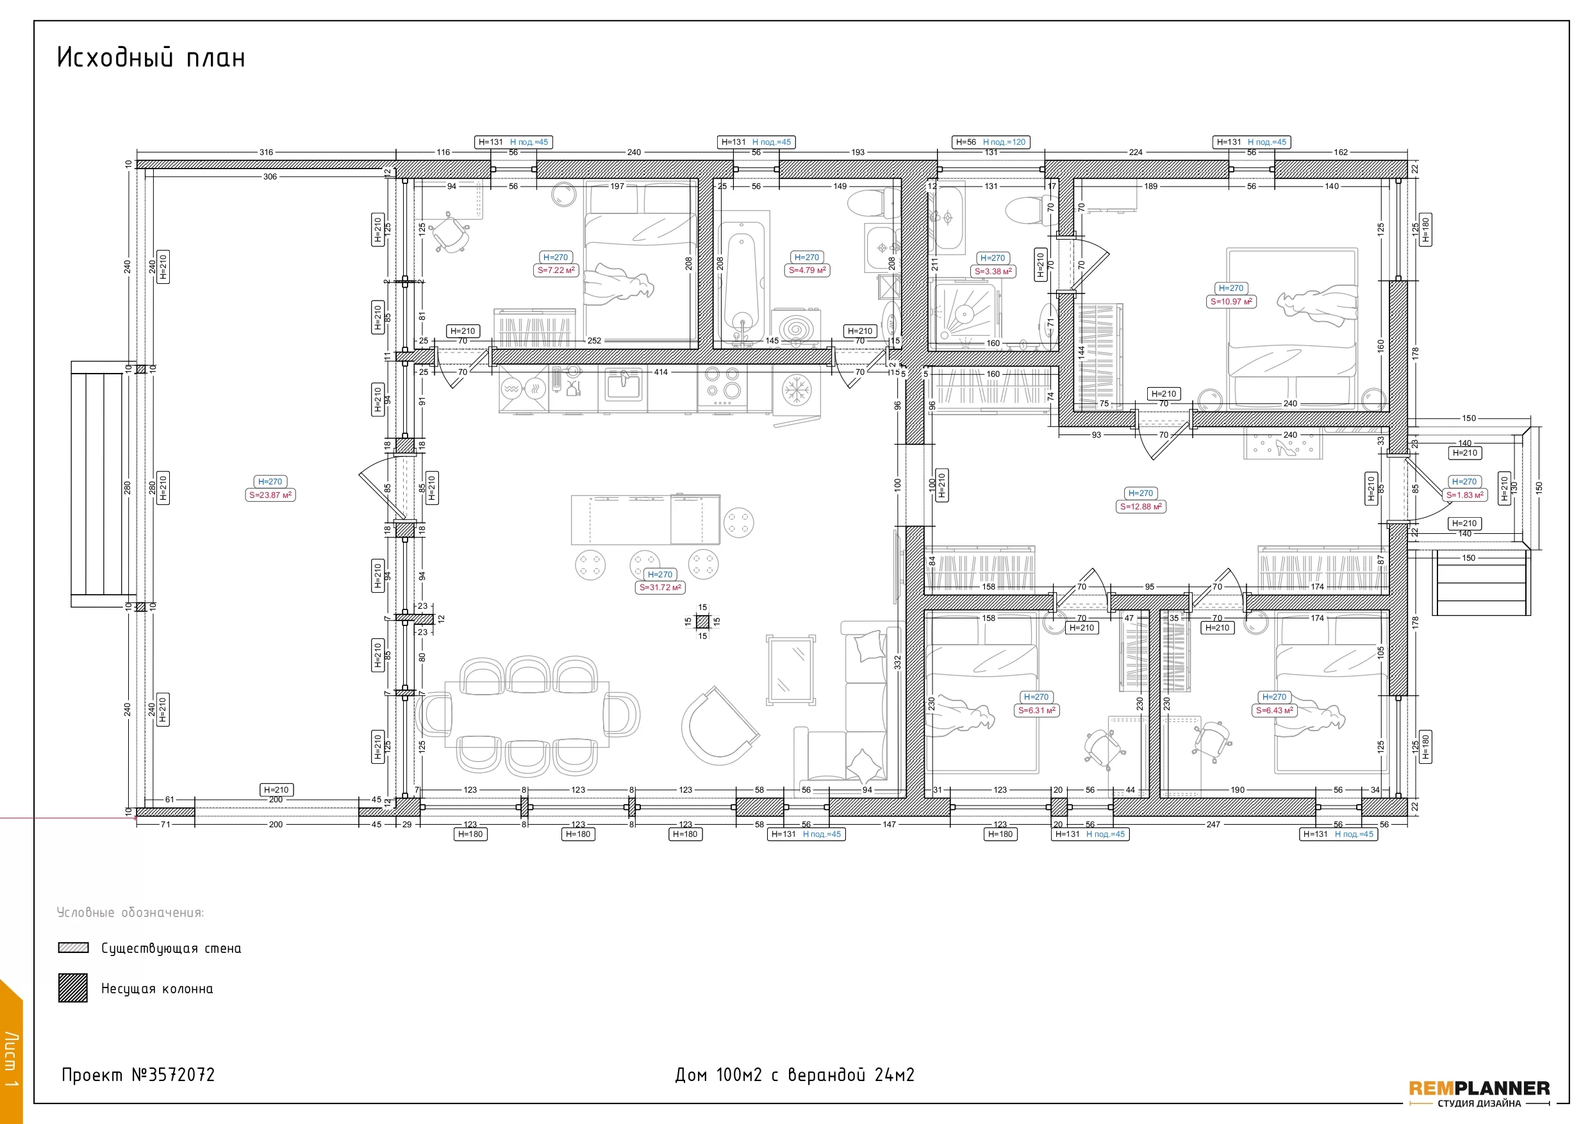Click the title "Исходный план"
click(x=151, y=57)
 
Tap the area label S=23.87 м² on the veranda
click(x=271, y=495)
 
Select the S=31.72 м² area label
click(x=660, y=587)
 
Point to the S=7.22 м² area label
click(x=556, y=270)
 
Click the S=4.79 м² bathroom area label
click(x=807, y=270)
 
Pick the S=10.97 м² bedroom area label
click(x=1230, y=301)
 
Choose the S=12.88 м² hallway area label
click(x=1141, y=506)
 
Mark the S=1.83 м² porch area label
click(x=1464, y=495)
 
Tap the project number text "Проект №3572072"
click(x=138, y=1075)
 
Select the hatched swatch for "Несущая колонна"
click(x=72, y=988)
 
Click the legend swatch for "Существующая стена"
click(x=74, y=947)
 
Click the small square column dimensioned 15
click(x=702, y=621)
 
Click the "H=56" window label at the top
click(x=965, y=142)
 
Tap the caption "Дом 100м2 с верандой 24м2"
click(x=794, y=1075)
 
